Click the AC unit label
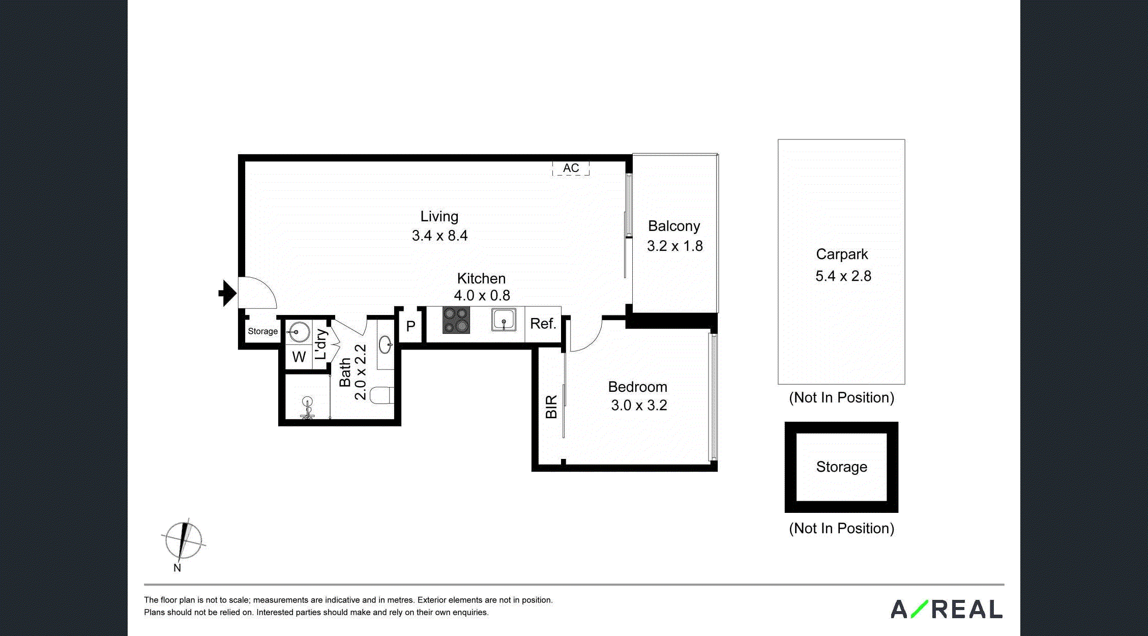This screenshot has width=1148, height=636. (x=571, y=168)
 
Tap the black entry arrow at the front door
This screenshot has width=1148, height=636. (x=228, y=293)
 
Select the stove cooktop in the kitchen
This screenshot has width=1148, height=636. (x=456, y=320)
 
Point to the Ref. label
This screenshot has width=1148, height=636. (x=543, y=324)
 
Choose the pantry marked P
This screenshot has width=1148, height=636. (x=410, y=326)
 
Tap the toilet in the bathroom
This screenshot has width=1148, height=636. (x=381, y=395)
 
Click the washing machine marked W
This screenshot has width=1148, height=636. (x=299, y=357)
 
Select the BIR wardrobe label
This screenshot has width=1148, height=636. (x=551, y=407)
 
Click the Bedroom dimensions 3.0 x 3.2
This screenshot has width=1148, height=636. (x=639, y=406)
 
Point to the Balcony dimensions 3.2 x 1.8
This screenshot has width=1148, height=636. (x=674, y=246)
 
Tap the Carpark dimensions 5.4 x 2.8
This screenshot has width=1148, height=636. (x=843, y=276)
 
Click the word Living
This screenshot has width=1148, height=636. (x=439, y=217)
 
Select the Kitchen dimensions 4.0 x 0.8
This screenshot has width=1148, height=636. (x=482, y=296)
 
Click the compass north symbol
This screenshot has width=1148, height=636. (x=184, y=540)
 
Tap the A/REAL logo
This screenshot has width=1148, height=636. (x=947, y=609)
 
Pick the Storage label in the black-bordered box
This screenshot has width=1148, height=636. (x=841, y=467)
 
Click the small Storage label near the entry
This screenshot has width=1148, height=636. (x=262, y=331)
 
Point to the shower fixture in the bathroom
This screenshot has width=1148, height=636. (x=307, y=408)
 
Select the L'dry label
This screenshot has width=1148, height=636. (x=321, y=344)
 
